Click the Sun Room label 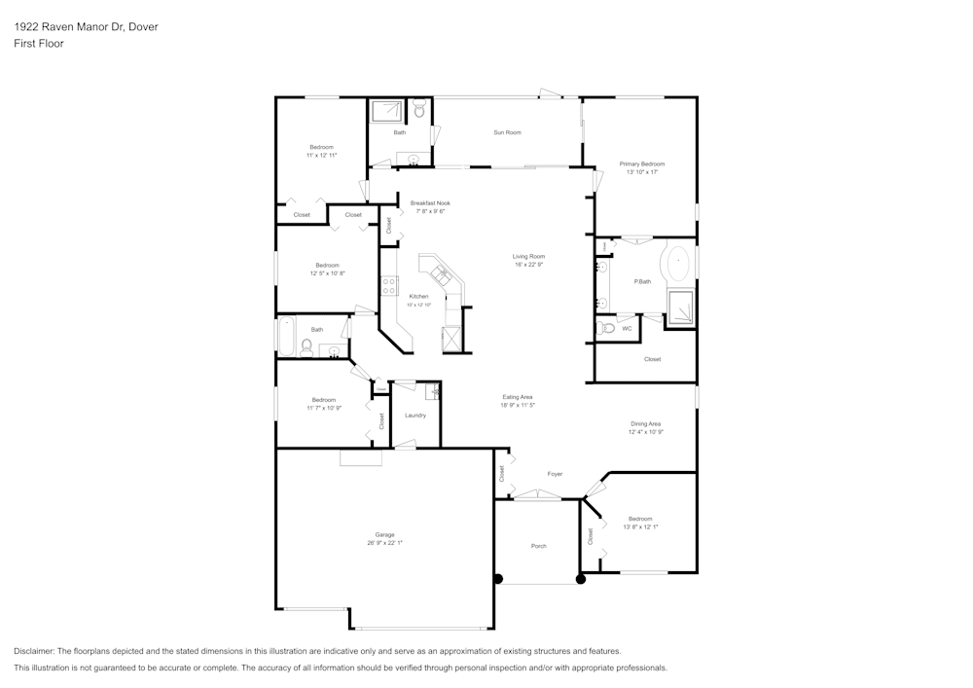(x=507, y=132)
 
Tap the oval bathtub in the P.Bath (x=677, y=264)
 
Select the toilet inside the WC (x=608, y=328)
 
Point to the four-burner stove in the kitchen (x=388, y=285)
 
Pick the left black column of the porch (x=498, y=579)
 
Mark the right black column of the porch (x=581, y=579)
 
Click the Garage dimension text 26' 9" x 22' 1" (x=384, y=543)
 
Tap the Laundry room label (x=415, y=416)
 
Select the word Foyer (x=555, y=474)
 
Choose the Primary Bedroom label (x=642, y=164)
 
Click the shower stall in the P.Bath (x=680, y=307)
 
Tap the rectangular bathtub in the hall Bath (x=286, y=336)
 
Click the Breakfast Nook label (x=430, y=203)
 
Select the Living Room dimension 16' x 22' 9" (x=529, y=265)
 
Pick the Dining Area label (x=646, y=423)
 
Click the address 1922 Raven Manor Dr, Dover (x=86, y=27)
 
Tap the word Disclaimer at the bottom (x=34, y=651)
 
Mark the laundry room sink (x=435, y=392)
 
